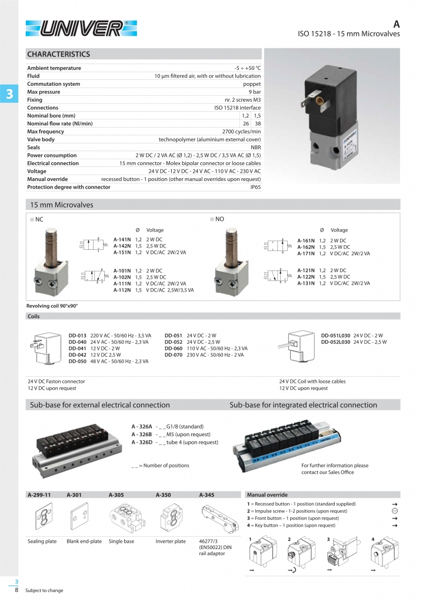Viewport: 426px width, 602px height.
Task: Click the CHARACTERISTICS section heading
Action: click(x=58, y=55)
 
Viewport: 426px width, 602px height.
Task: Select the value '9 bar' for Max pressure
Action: click(x=254, y=92)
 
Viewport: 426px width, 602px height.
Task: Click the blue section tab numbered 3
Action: click(x=9, y=94)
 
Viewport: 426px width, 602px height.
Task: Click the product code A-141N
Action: click(x=122, y=239)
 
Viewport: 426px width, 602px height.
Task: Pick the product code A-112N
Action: click(x=122, y=290)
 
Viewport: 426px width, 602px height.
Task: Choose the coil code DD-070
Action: click(x=174, y=354)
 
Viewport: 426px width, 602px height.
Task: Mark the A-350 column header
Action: click(x=163, y=494)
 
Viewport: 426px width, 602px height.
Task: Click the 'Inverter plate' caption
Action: click(x=171, y=541)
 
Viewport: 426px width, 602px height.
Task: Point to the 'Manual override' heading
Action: click(x=268, y=494)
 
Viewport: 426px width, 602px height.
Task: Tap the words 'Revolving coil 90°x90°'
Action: click(x=52, y=306)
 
